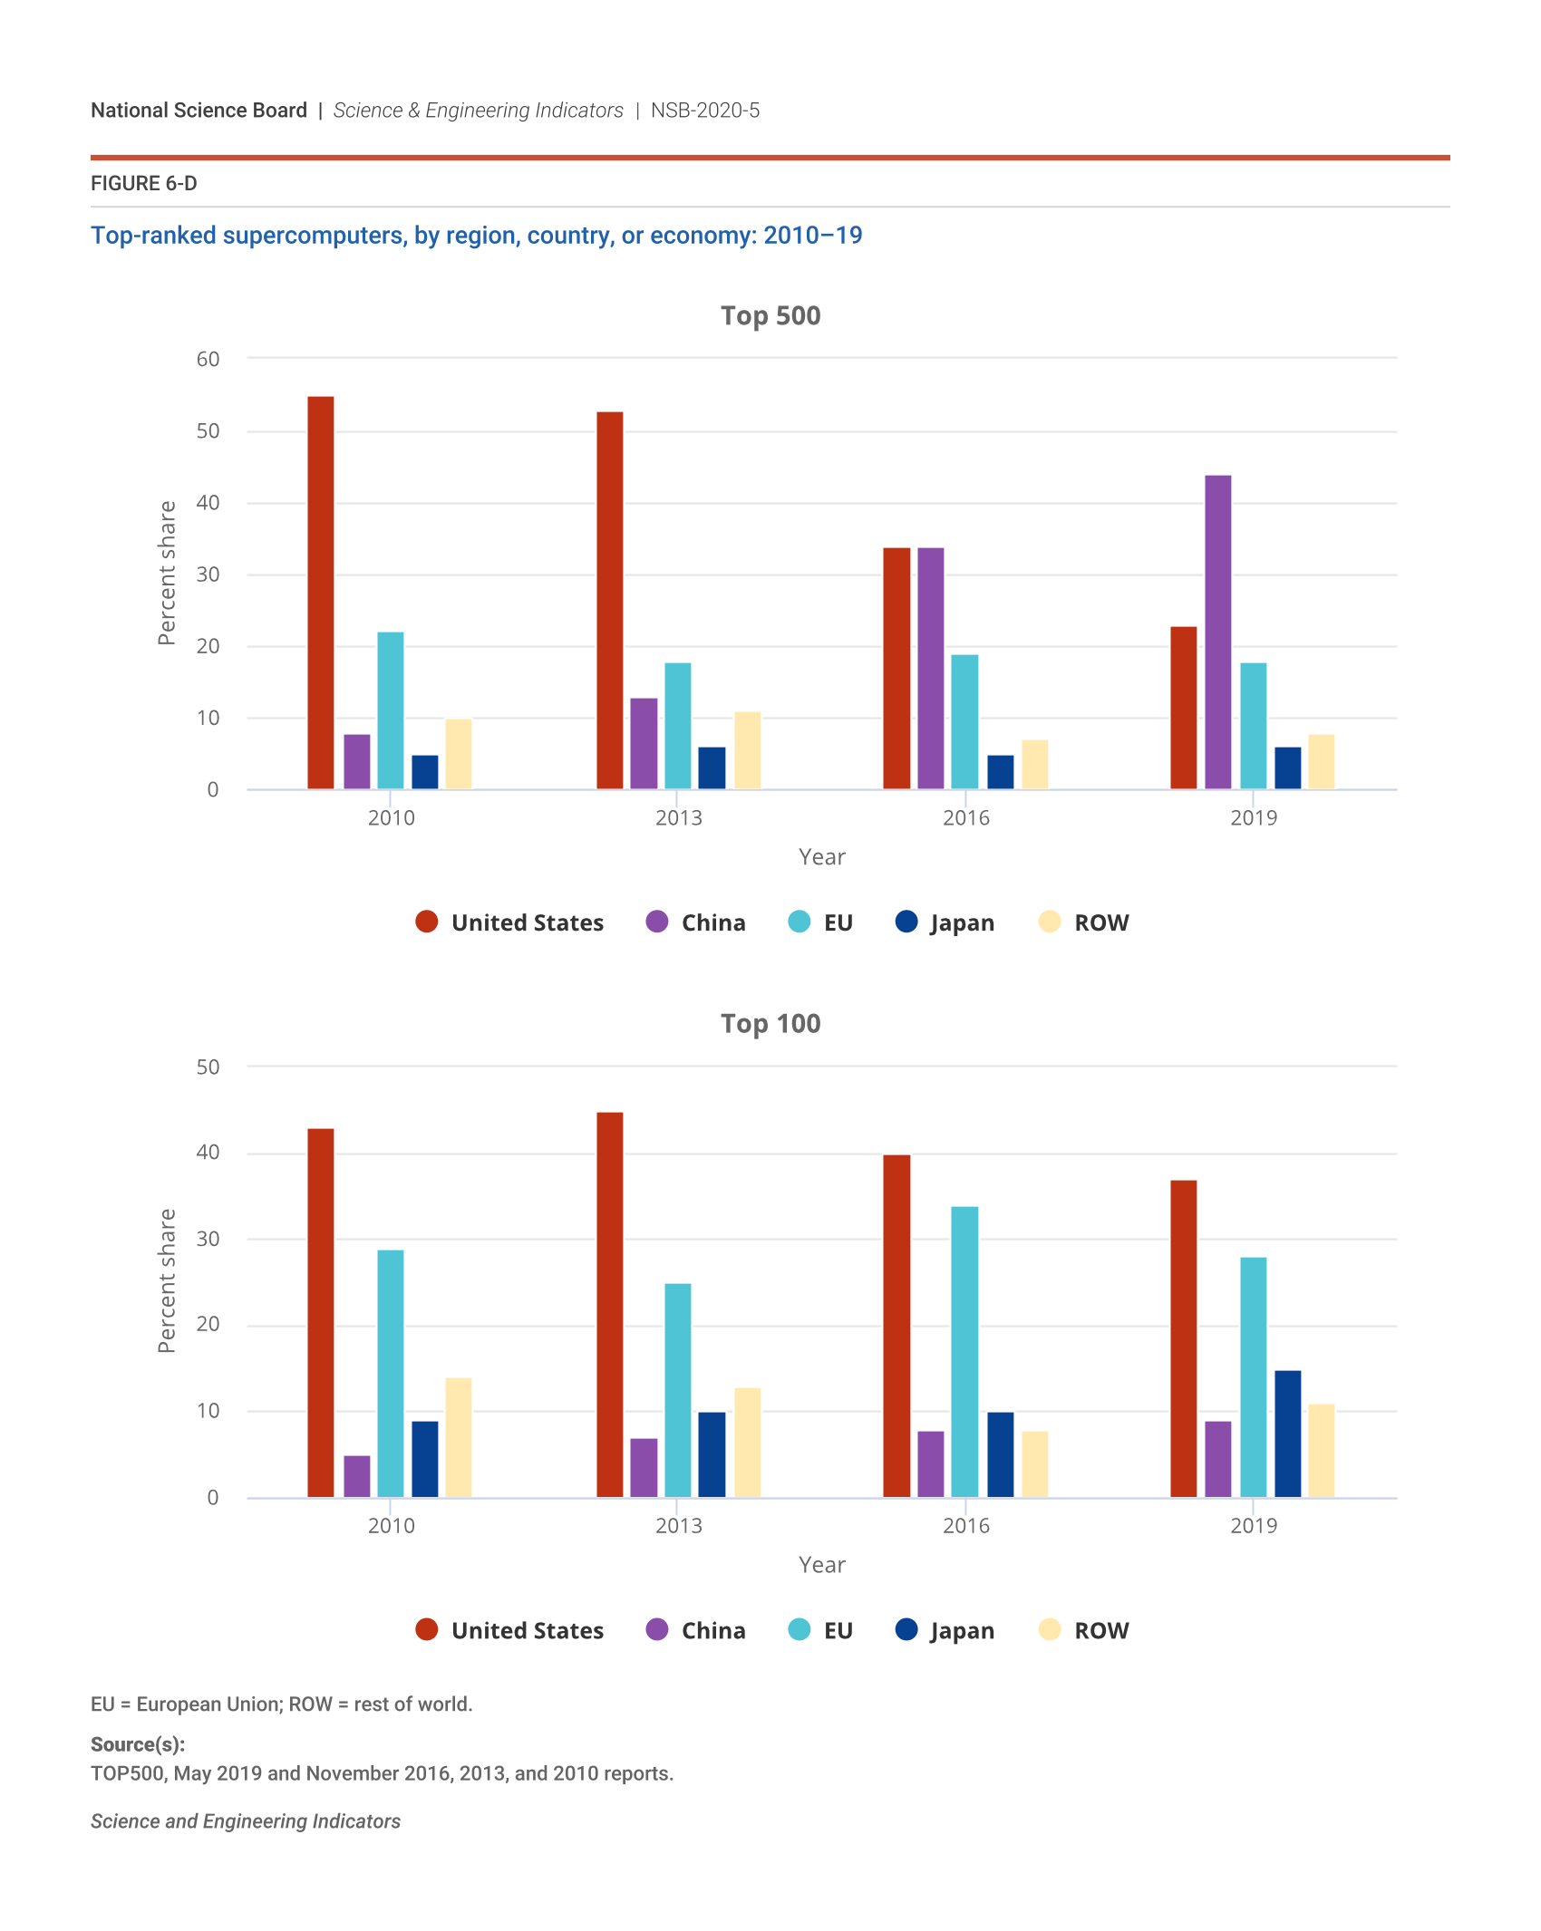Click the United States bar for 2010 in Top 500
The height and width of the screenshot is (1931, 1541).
pyautogui.click(x=321, y=593)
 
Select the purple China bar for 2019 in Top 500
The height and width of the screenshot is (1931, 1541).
pyautogui.click(x=1217, y=632)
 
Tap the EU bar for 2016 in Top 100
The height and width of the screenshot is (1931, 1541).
pyautogui.click(x=964, y=1351)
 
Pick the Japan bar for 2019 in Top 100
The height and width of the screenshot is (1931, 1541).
pyautogui.click(x=1287, y=1434)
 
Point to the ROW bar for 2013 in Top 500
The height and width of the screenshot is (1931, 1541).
pyautogui.click(x=747, y=750)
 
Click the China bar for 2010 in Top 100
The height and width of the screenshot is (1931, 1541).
pyautogui.click(x=357, y=1476)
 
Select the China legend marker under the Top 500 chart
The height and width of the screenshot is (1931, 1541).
pyautogui.click(x=657, y=922)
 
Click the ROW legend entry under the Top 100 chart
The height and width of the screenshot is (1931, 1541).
pyautogui.click(x=1084, y=1630)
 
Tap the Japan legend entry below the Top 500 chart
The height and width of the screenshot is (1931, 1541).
pyautogui.click(x=945, y=922)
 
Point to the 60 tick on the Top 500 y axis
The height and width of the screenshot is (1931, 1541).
pyautogui.click(x=208, y=359)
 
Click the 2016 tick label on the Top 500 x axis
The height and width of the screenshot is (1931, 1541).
pyautogui.click(x=966, y=817)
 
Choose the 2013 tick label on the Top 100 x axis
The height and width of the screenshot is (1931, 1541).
pyautogui.click(x=679, y=1525)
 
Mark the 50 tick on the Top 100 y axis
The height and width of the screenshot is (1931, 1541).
pyautogui.click(x=208, y=1067)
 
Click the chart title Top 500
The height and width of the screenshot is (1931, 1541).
pyautogui.click(x=770, y=315)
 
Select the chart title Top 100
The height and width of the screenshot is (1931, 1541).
pyautogui.click(x=770, y=1023)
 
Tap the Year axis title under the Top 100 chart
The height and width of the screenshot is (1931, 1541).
pyautogui.click(x=822, y=1565)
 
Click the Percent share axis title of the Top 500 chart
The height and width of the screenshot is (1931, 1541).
pyautogui.click(x=167, y=573)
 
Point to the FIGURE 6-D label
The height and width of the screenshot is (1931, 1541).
pyautogui.click(x=144, y=183)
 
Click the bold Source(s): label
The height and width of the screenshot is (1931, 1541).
pyautogui.click(x=138, y=1744)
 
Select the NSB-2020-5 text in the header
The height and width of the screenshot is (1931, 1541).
pyautogui.click(x=705, y=111)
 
